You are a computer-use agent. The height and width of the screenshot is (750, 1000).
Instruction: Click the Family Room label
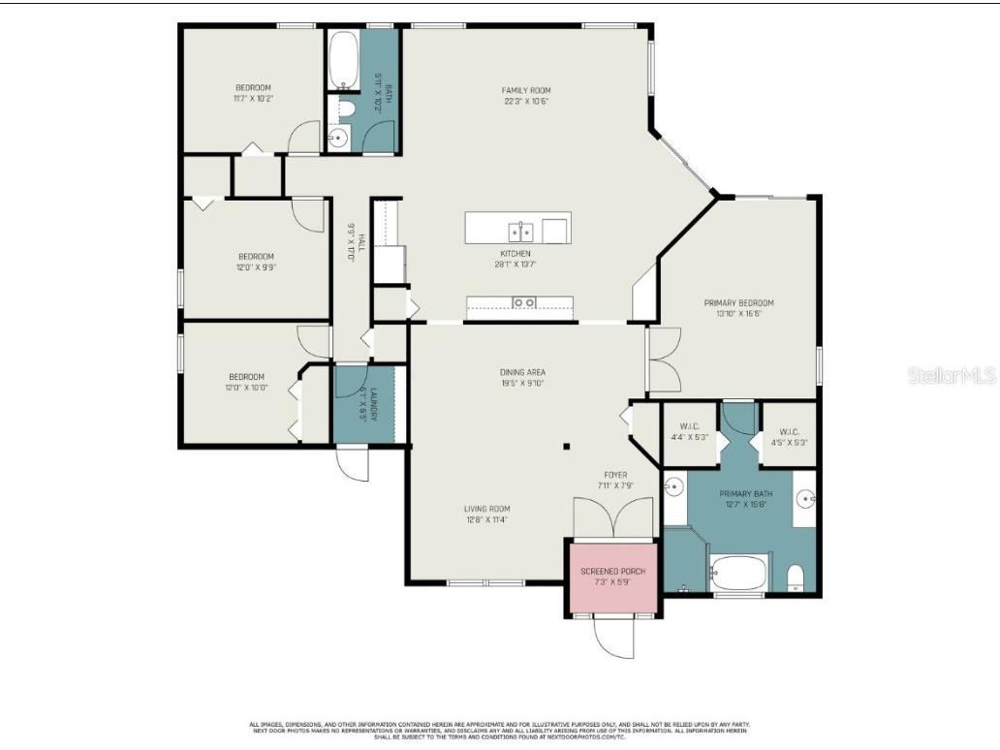click(x=526, y=90)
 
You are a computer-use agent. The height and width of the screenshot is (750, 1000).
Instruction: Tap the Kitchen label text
click(x=515, y=254)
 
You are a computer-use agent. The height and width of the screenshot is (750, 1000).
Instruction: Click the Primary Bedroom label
click(x=738, y=303)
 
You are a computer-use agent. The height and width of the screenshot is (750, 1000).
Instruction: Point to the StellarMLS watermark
click(x=952, y=375)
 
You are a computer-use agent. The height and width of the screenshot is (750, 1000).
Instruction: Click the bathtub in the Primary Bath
click(x=741, y=572)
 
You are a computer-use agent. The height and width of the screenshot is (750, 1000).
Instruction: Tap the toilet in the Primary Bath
click(x=796, y=578)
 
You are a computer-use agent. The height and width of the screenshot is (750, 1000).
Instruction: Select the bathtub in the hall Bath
click(x=343, y=59)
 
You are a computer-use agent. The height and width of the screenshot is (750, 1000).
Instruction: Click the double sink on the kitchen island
click(x=520, y=231)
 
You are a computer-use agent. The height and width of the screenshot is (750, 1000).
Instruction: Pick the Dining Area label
click(x=522, y=372)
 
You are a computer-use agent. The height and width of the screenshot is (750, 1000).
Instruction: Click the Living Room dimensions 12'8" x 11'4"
click(x=486, y=520)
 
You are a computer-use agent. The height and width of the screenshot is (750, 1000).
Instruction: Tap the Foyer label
click(x=615, y=475)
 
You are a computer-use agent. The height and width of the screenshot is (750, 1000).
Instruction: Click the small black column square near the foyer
click(x=568, y=448)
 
